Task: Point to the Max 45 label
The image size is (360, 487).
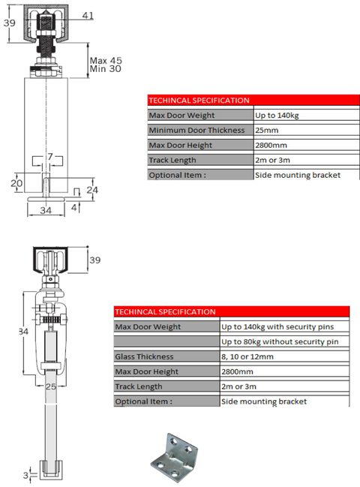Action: coord(105,60)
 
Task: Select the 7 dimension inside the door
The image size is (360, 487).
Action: coord(50,156)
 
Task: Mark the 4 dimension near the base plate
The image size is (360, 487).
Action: coord(75,206)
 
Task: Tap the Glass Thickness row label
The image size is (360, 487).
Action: coord(144,356)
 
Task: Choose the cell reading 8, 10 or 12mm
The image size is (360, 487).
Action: coord(247,356)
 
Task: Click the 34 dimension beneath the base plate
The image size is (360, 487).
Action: coord(45,212)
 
